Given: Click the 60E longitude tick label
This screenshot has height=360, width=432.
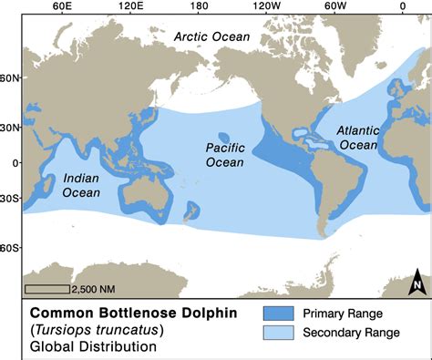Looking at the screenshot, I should pos(63,6).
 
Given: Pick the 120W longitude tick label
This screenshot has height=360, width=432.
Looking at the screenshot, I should pos(266,6).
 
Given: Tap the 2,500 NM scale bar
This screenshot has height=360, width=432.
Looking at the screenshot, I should pos(46,289).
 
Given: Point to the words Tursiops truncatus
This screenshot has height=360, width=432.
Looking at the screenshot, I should pos(87,329).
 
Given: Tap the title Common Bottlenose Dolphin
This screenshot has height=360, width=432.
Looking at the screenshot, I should pos(128,312).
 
